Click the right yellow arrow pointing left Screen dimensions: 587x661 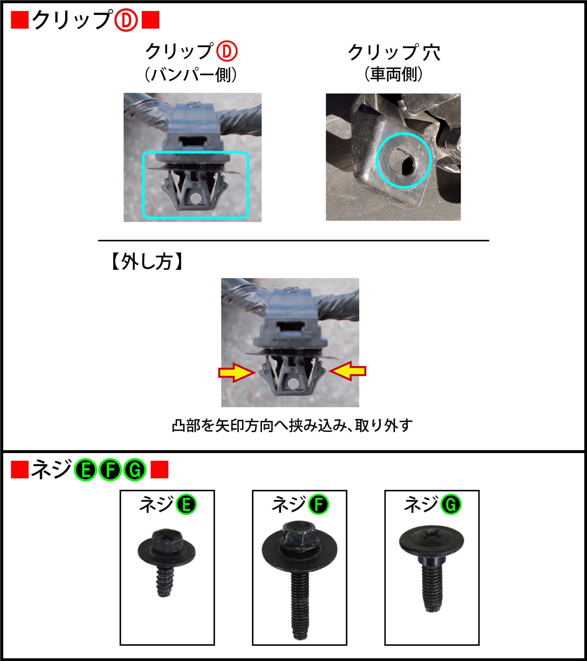[x=347, y=371]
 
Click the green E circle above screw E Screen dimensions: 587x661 [x=186, y=504]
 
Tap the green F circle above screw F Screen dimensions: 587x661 [x=318, y=504]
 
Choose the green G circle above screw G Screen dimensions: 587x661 [x=451, y=504]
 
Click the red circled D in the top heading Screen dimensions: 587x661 [x=126, y=20]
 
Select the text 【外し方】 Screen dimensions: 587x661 [x=147, y=261]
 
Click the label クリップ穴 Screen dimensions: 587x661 [x=394, y=52]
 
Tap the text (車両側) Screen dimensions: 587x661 [x=394, y=74]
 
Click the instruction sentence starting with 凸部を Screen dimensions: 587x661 [x=292, y=426]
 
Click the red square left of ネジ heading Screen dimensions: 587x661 [x=20, y=469]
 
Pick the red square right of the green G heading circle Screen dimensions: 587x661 [x=160, y=469]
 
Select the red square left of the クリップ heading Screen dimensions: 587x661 [x=20, y=20]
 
